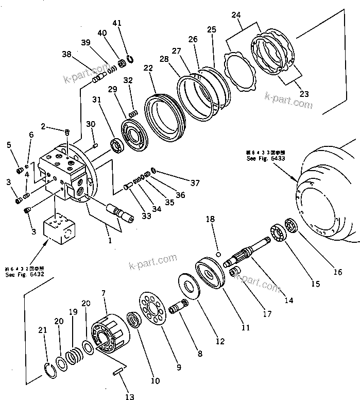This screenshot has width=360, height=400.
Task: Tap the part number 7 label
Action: point(104,293)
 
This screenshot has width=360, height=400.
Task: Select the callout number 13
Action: point(129,396)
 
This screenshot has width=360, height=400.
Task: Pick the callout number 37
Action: point(194,183)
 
